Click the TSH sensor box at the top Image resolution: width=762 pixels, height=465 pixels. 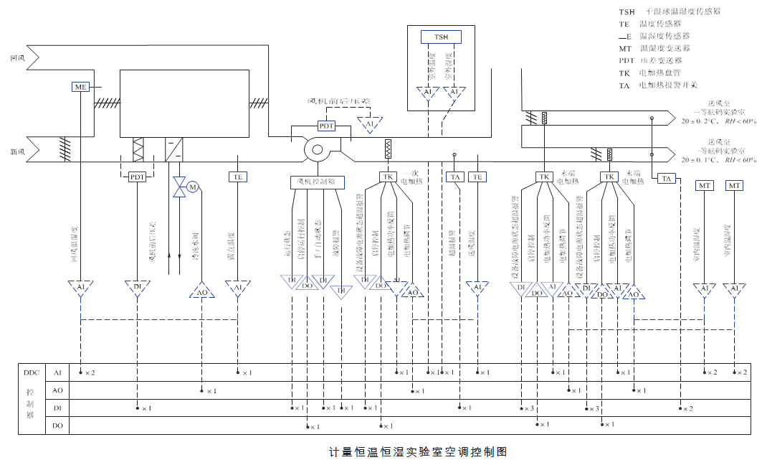coord(442,37)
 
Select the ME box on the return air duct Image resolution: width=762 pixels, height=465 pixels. coord(80,87)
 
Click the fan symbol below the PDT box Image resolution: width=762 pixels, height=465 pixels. coord(316,151)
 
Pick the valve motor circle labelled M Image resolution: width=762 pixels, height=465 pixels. coord(192,188)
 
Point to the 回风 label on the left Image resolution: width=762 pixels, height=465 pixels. coord(18,57)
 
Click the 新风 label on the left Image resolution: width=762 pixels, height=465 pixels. coord(18,152)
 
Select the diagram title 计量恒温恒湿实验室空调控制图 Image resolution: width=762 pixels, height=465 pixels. coord(418,452)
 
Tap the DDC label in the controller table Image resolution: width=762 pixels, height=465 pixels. coord(31,373)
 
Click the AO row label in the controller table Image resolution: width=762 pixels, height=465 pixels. coord(58,390)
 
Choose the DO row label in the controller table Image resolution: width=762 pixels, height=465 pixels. coord(58,426)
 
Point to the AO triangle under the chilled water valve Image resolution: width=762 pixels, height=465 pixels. coord(202,291)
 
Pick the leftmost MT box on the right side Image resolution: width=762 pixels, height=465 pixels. coord(705,186)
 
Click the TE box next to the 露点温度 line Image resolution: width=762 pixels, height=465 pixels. coord(238,177)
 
